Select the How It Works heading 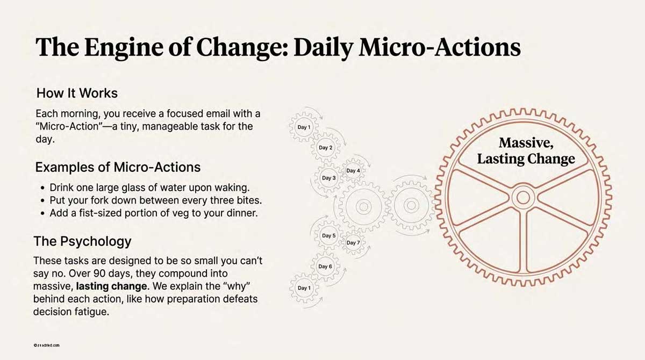pos(77,93)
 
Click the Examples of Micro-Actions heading pos(118,167)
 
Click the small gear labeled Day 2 pos(326,148)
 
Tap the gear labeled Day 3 pos(328,178)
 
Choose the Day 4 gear pos(353,171)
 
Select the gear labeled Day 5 pos(328,235)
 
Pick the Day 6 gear pos(325,266)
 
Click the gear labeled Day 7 pos(353,243)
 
